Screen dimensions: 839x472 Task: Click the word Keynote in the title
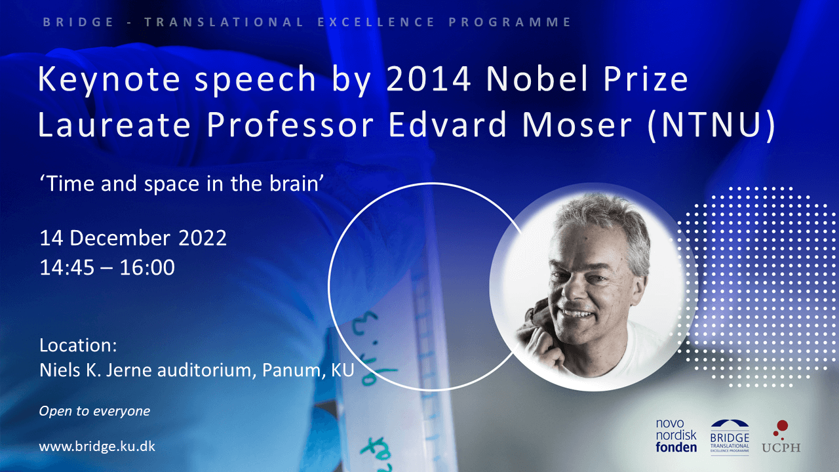(109, 80)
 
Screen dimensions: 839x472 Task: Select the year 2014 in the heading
(429, 79)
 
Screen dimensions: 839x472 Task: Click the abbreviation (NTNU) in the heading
(712, 125)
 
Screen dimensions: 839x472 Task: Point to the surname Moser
(577, 125)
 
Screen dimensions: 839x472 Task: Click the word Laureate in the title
(114, 125)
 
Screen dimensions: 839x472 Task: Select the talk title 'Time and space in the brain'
(182, 184)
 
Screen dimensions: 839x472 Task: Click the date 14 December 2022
(133, 238)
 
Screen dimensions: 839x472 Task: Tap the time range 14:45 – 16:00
(107, 267)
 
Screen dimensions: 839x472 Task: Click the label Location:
(78, 345)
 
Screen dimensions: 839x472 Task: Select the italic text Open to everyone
(94, 411)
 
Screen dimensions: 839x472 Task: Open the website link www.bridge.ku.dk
(97, 446)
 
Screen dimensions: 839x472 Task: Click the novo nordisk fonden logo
(676, 435)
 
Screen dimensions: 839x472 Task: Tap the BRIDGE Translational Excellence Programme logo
(730, 437)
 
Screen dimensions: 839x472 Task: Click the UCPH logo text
(781, 447)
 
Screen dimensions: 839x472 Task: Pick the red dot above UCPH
(782, 426)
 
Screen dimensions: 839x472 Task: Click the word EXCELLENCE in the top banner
(376, 22)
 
